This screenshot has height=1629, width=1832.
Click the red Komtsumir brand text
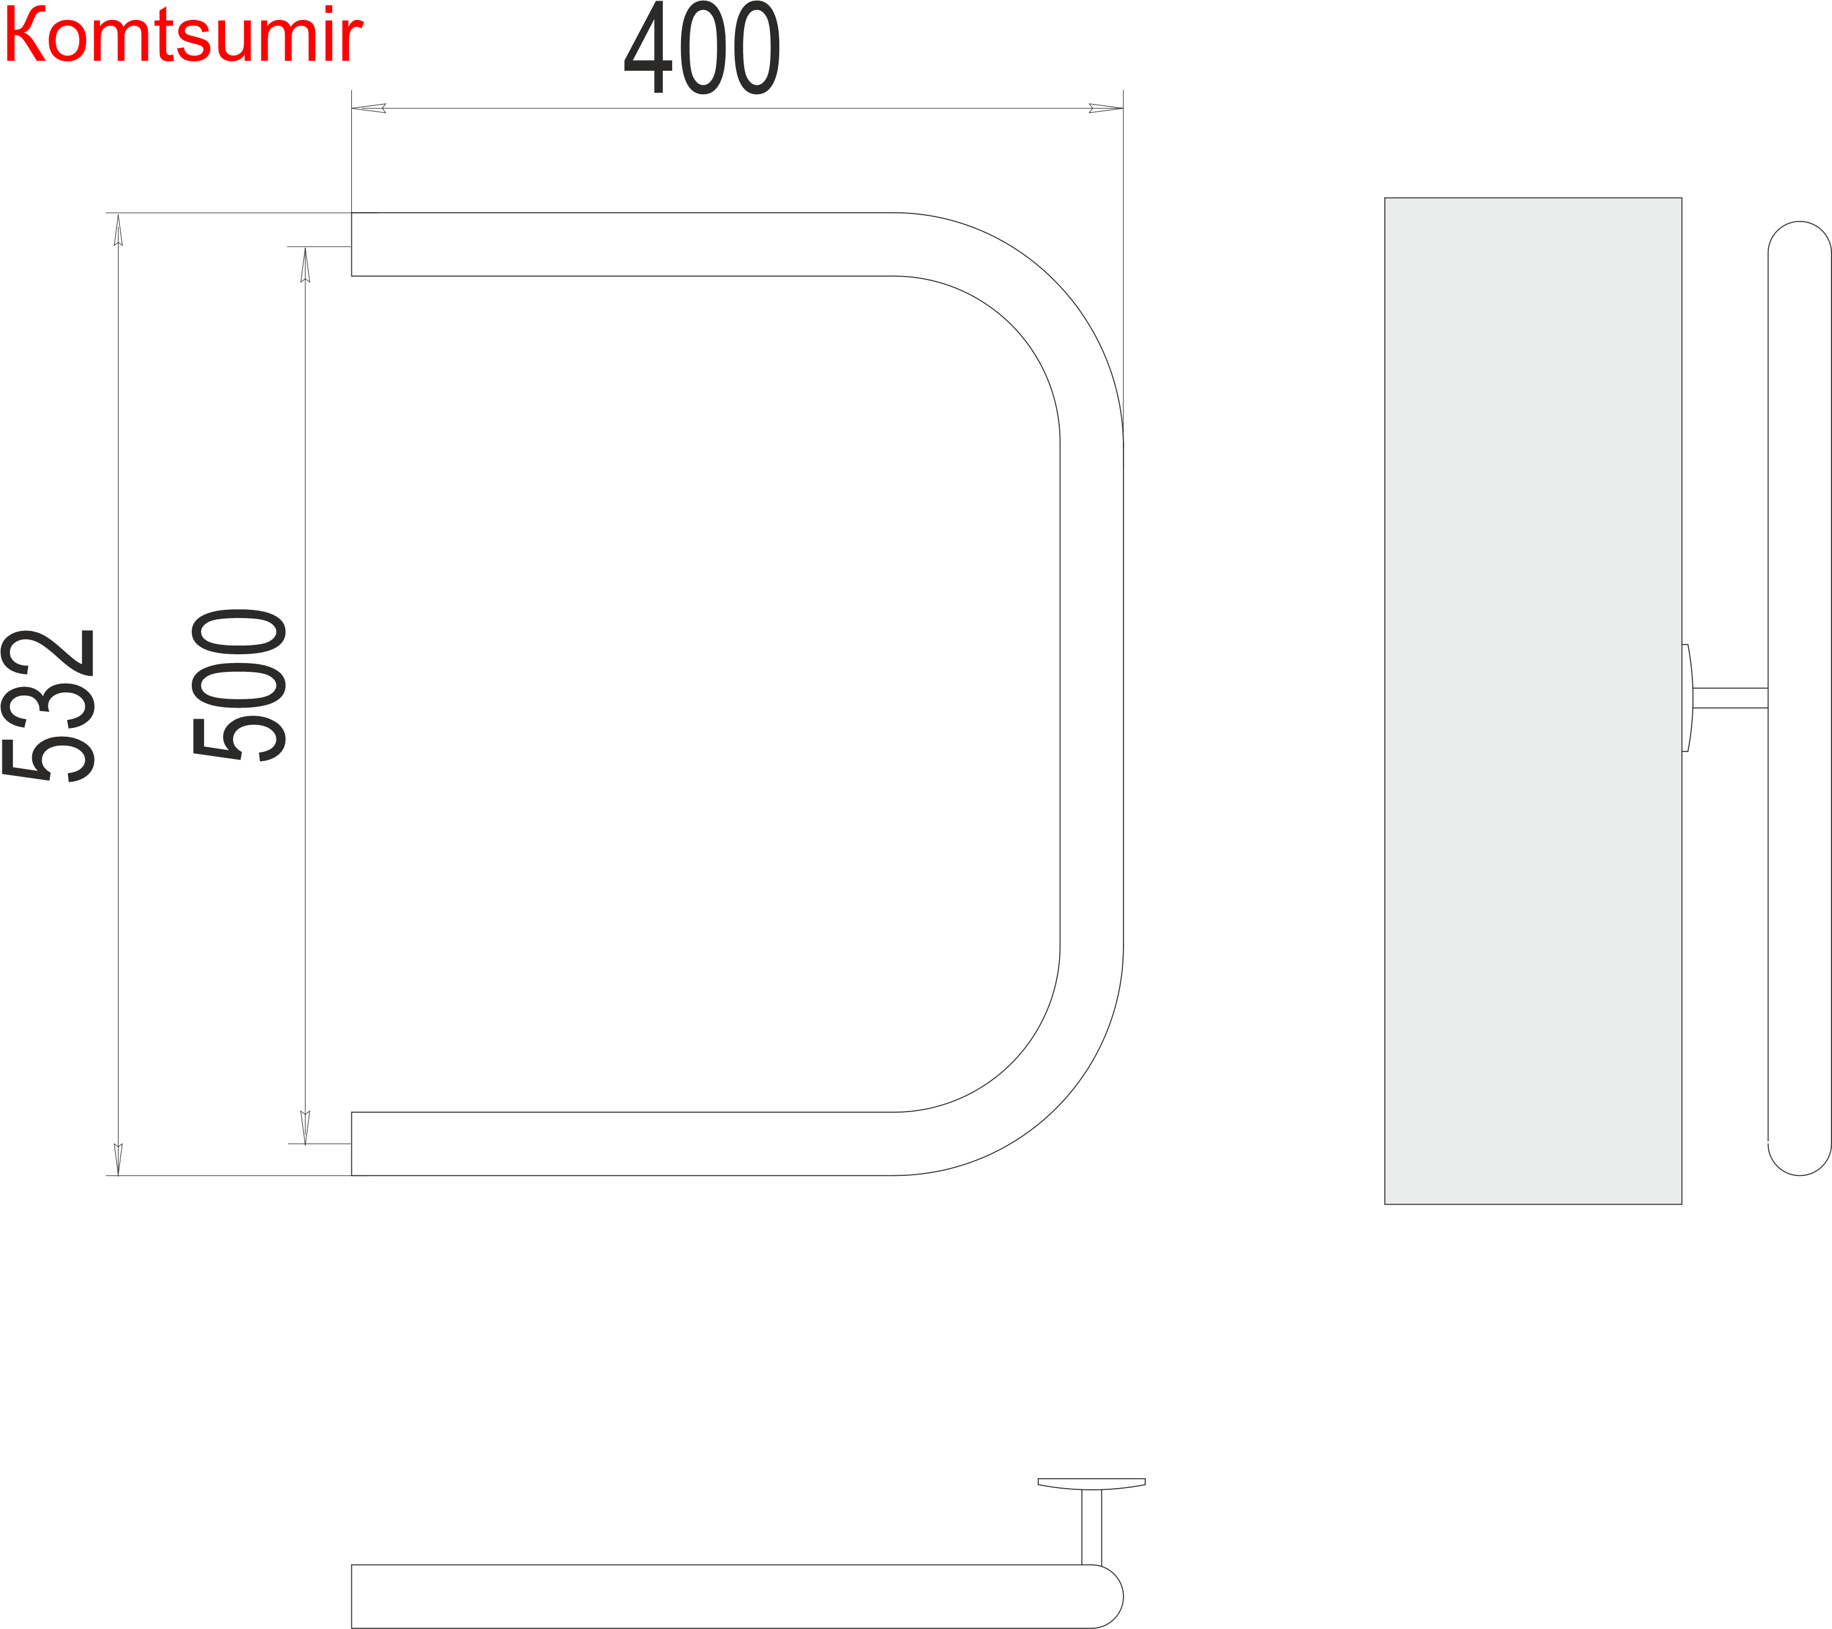[x=183, y=35]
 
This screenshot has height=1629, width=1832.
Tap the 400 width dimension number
[x=702, y=47]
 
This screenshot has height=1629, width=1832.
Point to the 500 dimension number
[x=238, y=685]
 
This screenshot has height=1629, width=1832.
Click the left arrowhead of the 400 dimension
[x=368, y=109]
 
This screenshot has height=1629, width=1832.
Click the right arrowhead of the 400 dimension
[x=1106, y=109]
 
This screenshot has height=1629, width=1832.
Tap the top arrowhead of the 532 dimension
[x=118, y=230]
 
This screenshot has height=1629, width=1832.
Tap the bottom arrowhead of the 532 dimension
[x=118, y=1159]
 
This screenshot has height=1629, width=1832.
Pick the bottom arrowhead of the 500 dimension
[x=306, y=1128]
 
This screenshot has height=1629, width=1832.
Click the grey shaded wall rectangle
[x=1533, y=701]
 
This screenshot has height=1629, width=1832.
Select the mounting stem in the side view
[x=1730, y=698]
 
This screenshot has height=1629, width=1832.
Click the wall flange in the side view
[x=1688, y=698]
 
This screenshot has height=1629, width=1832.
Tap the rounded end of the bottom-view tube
[x=1108, y=1597]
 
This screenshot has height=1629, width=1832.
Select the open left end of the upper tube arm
[x=351, y=244]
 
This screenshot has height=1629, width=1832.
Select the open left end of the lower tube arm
[x=351, y=1144]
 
